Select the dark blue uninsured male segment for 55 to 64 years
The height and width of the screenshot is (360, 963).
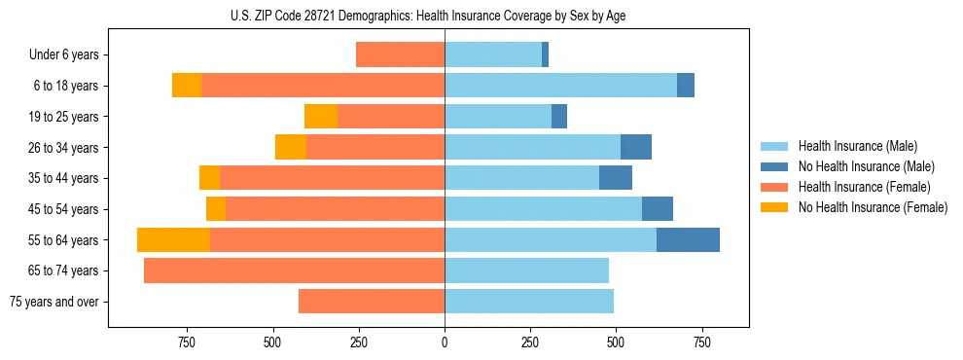688,239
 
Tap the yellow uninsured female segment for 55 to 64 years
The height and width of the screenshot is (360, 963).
173,239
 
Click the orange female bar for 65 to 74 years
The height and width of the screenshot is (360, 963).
294,270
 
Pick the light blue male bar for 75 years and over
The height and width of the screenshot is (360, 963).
529,302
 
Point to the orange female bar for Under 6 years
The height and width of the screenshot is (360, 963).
400,54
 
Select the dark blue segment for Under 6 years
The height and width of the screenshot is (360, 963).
545,54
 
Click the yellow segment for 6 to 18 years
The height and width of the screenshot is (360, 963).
187,86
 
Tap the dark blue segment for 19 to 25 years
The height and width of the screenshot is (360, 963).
559,117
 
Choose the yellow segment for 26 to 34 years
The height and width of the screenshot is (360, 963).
291,147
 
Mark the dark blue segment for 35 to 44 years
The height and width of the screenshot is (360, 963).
616,178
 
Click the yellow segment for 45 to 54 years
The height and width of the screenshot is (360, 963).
216,209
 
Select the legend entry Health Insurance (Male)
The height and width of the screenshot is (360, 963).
856,146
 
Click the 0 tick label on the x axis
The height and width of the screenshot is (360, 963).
445,342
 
